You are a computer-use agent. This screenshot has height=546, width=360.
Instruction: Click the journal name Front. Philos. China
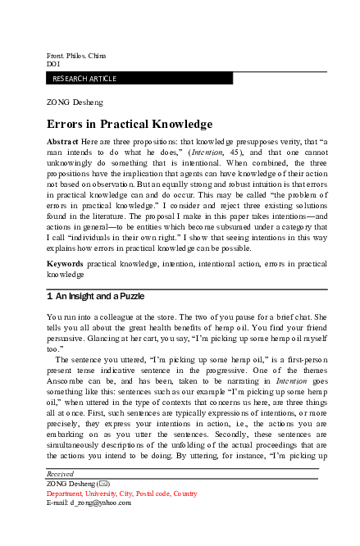pyautogui.click(x=77, y=55)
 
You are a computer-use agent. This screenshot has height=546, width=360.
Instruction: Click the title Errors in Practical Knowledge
pyautogui.click(x=129, y=124)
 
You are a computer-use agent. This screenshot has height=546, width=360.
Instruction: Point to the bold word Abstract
pyautogui.click(x=63, y=142)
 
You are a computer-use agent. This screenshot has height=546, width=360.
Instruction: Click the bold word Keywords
pyautogui.click(x=66, y=265)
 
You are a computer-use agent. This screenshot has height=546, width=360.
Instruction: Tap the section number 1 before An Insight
pyautogui.click(x=50, y=294)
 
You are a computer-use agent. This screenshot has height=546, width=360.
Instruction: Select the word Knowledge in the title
pyautogui.click(x=175, y=124)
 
